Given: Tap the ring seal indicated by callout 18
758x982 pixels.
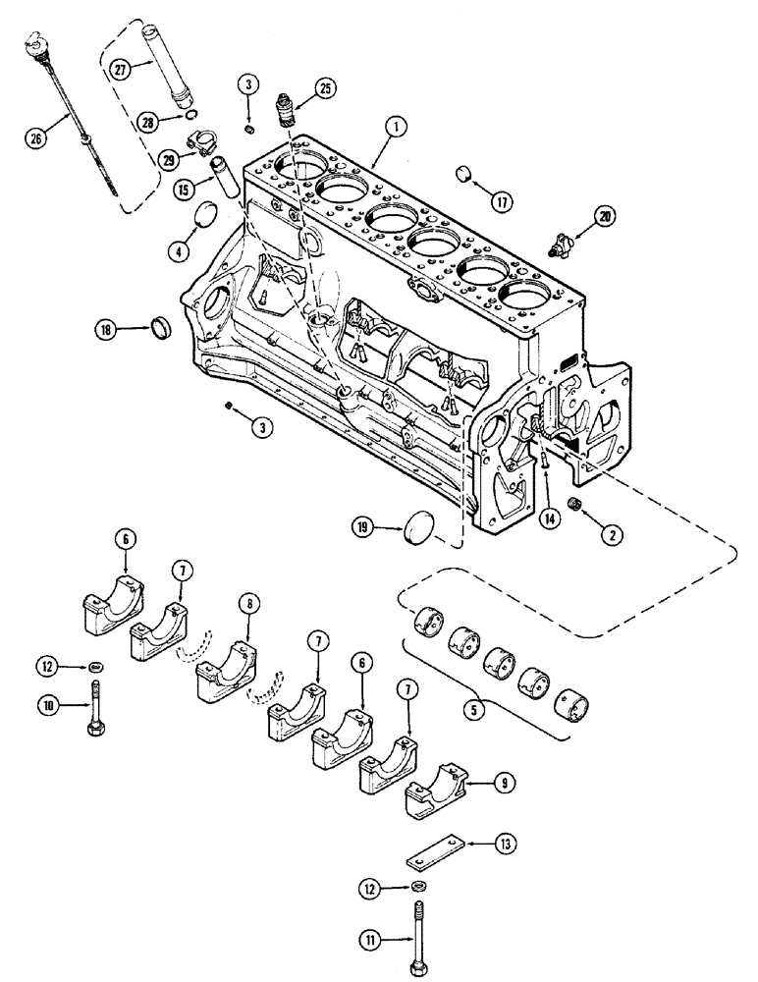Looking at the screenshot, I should click(x=163, y=326).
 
